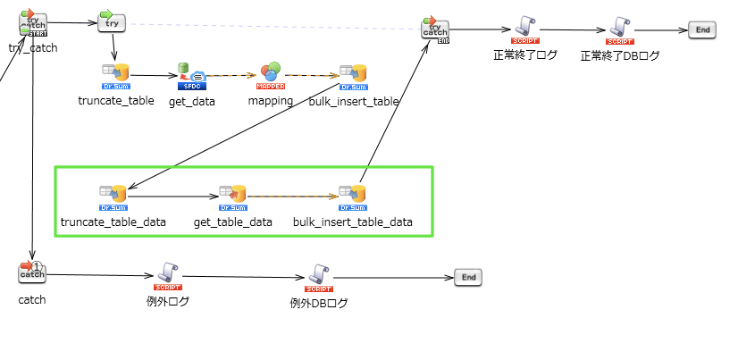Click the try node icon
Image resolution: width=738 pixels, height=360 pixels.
(x=111, y=21)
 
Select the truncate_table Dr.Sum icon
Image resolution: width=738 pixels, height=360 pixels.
(x=115, y=73)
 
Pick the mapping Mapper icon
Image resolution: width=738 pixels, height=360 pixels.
(x=270, y=73)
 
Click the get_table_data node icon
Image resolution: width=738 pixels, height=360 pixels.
(x=232, y=194)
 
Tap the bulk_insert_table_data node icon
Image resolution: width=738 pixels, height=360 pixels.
(x=352, y=194)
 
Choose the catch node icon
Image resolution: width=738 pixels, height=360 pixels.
(x=31, y=272)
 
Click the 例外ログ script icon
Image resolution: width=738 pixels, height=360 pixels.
(x=168, y=272)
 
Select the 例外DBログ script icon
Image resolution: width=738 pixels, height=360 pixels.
(x=319, y=274)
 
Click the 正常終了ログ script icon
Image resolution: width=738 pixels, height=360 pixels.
(x=524, y=28)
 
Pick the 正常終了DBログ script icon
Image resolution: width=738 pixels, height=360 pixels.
(x=619, y=28)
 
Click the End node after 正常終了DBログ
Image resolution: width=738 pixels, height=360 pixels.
(x=702, y=29)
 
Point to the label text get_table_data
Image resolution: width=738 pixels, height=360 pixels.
(x=233, y=222)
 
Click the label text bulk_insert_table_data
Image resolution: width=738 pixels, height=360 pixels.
(x=353, y=222)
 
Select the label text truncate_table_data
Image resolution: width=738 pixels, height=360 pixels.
(x=113, y=222)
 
